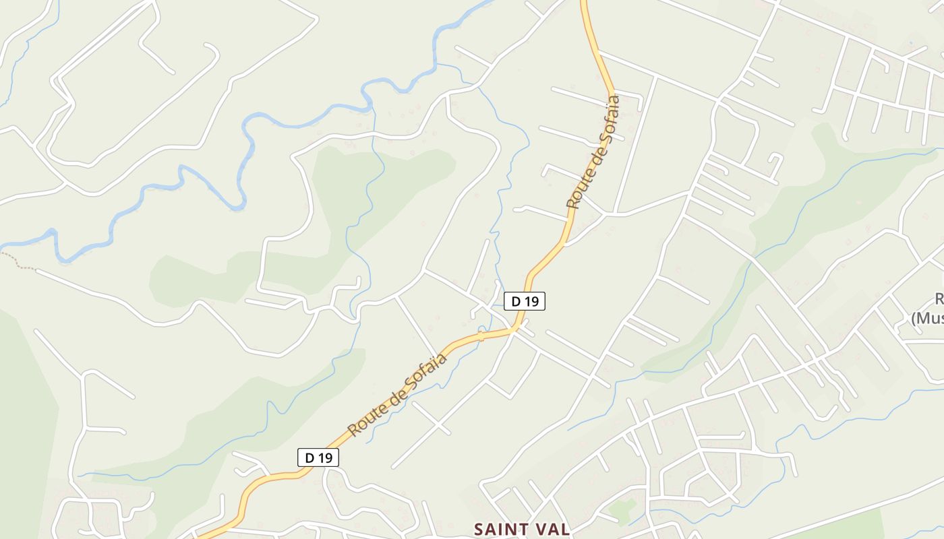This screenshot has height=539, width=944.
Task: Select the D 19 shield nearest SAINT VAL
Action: coord(318,457)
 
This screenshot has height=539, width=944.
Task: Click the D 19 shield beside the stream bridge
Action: coord(524,301)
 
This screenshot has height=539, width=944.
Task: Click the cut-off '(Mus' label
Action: coord(927,318)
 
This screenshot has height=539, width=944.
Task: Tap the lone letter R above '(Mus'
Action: coord(939,299)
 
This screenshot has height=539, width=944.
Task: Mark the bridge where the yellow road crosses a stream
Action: coord(481,335)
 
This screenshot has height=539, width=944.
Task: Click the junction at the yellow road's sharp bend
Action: coord(516,329)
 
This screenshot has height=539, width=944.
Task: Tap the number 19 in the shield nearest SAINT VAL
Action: coord(325,457)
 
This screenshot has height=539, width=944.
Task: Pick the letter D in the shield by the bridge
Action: coord(516,301)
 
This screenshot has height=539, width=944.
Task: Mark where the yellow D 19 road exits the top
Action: coord(585,3)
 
